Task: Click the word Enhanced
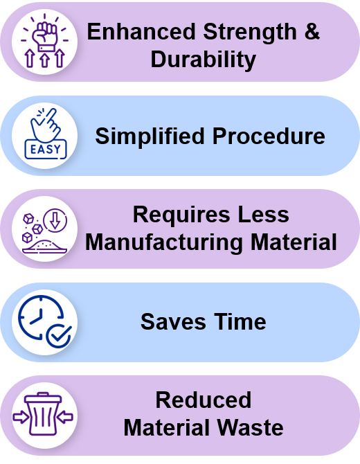tap(141, 31)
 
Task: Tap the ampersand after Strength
tap(312, 31)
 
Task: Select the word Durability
tap(204, 59)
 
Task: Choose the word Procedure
tap(269, 136)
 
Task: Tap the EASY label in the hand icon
tap(46, 149)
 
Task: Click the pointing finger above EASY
tap(46, 124)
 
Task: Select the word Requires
tap(181, 215)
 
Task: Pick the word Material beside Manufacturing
tap(294, 242)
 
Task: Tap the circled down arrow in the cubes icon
tap(55, 220)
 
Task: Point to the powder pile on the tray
tap(45, 246)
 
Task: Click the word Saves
tap(173, 322)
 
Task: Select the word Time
tap(240, 322)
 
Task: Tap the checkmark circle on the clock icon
tap(59, 336)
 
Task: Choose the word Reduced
tap(204, 400)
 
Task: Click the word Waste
tap(250, 427)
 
